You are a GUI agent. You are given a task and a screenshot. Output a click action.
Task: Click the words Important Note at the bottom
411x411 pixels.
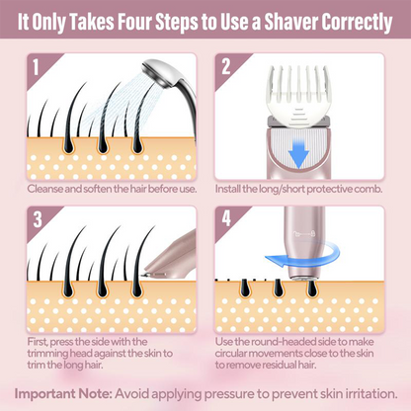63,394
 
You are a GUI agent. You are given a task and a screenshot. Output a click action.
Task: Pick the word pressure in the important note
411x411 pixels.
222,394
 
